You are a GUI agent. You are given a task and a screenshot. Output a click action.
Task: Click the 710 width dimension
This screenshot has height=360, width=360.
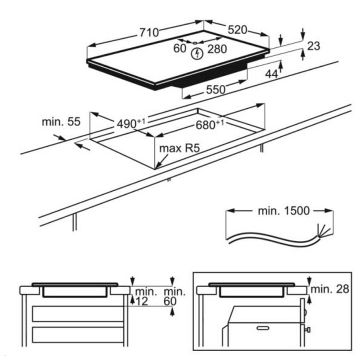[149, 32]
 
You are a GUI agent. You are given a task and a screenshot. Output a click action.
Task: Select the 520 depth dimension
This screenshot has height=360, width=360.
[237, 30]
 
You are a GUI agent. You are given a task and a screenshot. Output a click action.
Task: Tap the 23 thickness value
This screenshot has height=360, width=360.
[313, 46]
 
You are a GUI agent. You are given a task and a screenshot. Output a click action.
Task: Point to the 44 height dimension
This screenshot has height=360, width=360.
[271, 74]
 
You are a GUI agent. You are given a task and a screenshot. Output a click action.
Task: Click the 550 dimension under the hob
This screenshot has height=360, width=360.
[216, 90]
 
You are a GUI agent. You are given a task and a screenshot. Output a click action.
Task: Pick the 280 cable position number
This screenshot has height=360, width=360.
[217, 49]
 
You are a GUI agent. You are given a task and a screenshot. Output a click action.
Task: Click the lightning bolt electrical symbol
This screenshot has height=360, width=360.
[197, 54]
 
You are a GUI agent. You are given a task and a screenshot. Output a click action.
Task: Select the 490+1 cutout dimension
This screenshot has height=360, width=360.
[131, 123]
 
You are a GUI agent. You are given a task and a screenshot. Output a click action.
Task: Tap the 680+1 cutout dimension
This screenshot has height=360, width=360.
[210, 125]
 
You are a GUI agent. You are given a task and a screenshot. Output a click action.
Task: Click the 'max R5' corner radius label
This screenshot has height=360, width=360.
[179, 148]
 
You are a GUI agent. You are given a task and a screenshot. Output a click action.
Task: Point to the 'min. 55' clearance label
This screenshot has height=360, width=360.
[61, 121]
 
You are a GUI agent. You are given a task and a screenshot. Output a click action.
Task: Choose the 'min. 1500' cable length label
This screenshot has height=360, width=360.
[284, 211]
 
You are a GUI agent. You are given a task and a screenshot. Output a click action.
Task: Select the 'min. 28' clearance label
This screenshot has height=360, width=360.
[330, 289]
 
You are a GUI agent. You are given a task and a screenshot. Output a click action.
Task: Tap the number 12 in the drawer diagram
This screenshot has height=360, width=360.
[142, 301]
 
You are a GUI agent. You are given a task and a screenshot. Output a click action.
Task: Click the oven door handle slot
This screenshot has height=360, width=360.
[263, 328]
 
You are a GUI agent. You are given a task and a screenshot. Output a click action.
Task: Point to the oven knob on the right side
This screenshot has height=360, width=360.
[308, 330]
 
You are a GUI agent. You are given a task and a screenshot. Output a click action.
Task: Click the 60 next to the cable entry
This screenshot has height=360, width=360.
[180, 48]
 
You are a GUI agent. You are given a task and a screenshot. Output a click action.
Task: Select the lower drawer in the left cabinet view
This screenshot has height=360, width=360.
[78, 335]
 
